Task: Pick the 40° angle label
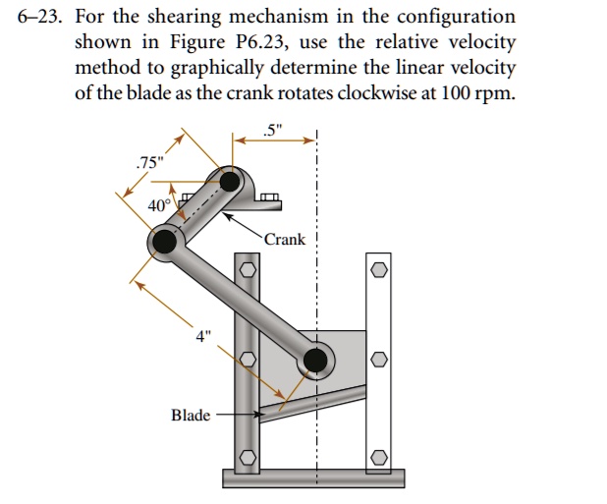tap(158, 206)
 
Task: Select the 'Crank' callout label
tap(284, 240)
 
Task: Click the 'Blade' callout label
tap(191, 416)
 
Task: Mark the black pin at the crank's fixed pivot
tap(230, 181)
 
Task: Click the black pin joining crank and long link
tap(164, 240)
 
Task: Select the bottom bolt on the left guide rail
tap(248, 458)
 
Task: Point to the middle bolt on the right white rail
tap(380, 362)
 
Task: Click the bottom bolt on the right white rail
tap(380, 458)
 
